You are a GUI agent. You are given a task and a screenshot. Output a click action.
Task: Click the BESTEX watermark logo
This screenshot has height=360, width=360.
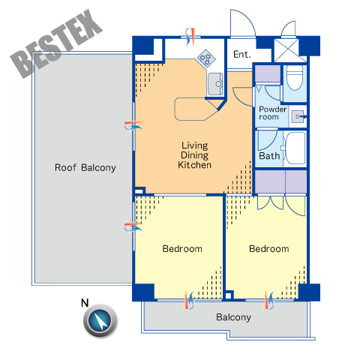tap(56, 44)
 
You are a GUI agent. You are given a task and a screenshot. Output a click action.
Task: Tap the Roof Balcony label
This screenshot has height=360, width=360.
tap(85, 168)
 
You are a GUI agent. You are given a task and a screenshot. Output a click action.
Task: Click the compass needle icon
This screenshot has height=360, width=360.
tap(100, 320)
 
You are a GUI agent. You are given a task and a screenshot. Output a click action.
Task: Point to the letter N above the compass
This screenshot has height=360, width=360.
tap(85, 303)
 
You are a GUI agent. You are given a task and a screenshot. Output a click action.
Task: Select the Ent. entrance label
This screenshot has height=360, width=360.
tap(242, 54)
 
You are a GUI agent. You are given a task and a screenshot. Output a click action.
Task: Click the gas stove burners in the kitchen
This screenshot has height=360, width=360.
tap(206, 58)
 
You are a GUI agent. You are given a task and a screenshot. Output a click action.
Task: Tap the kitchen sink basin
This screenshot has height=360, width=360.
tap(215, 84)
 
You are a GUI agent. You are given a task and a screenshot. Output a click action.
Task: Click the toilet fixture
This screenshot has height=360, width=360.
tap(295, 77)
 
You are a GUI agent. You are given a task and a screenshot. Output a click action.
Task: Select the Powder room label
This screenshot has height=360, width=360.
tap(272, 113)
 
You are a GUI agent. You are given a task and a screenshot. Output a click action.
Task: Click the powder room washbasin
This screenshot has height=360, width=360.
tap(298, 116)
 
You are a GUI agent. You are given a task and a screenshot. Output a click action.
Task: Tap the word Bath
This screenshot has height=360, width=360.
tap(269, 156)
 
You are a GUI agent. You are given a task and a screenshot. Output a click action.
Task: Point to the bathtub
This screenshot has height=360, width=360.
tap(295, 148)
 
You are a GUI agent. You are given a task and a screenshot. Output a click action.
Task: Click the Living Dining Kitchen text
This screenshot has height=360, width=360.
tap(195, 155)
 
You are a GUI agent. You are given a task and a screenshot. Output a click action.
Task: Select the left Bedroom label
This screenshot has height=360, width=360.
tap(182, 249)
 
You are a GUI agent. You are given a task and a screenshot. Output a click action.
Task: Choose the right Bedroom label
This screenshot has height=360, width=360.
tap(269, 249)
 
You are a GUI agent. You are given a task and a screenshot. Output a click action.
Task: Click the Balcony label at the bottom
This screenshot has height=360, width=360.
tap(233, 317)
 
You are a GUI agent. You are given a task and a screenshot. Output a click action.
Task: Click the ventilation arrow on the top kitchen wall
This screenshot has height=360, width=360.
tap(190, 37)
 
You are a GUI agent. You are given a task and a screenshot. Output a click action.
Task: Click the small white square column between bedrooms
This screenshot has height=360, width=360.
tap(228, 295)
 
